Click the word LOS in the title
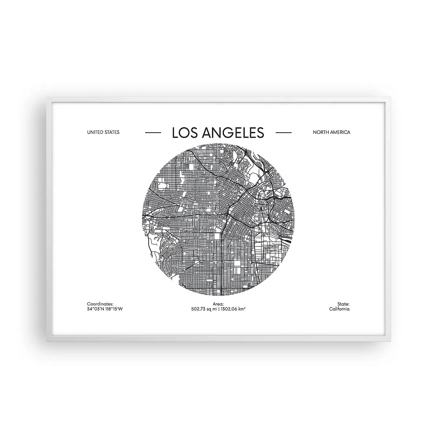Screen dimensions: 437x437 182,133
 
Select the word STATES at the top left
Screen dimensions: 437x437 112,132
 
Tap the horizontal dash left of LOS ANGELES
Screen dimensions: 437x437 153,133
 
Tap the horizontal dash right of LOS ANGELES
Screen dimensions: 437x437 283,133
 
